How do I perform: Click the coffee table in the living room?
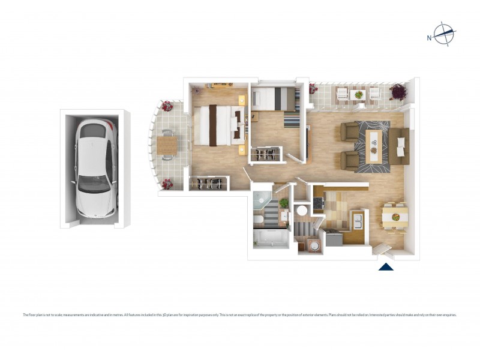(375, 142)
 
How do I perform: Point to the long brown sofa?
(400, 146)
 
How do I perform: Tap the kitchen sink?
(358, 221)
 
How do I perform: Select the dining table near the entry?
(394, 214)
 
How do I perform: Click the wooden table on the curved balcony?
(167, 145)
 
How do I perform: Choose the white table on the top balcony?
(358, 94)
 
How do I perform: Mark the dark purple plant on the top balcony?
(398, 92)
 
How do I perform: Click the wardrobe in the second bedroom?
(266, 154)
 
